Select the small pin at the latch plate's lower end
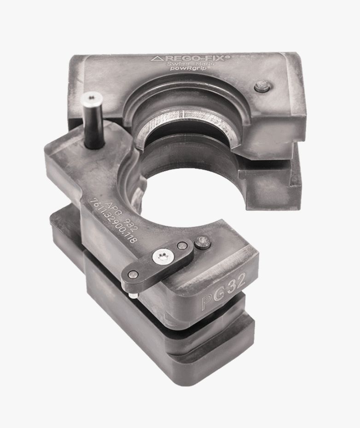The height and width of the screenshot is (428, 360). pos(133,275)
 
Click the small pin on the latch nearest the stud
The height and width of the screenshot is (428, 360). pos(183,245)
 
